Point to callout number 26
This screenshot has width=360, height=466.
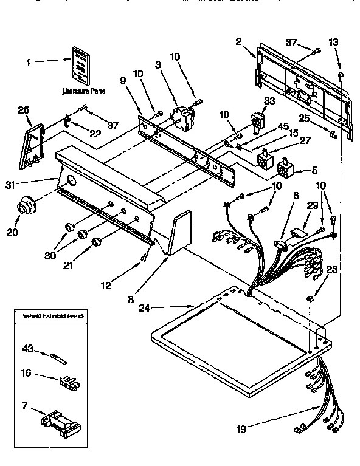(24, 110)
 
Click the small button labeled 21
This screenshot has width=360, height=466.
(96, 243)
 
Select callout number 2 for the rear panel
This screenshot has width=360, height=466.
(238, 41)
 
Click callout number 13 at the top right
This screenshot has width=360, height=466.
(333, 42)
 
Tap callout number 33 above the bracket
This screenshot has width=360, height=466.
(269, 100)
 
